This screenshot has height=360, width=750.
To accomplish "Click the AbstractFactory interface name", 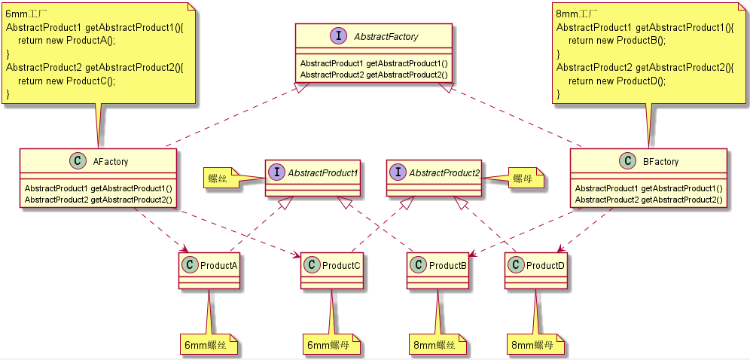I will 386,36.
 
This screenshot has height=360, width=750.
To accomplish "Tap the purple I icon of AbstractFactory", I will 337,36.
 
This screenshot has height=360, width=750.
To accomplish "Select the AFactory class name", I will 110,161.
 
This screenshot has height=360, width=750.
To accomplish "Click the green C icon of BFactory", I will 627,161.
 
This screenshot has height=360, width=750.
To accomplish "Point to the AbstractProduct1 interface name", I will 322,173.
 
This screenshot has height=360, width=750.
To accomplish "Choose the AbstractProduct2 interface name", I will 444,173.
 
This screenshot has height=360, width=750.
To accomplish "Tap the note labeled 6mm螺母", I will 332,345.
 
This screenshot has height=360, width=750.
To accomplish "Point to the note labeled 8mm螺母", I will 535,345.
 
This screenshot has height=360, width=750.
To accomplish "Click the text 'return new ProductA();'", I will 66,41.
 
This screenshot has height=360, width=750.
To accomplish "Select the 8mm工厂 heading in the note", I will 577,14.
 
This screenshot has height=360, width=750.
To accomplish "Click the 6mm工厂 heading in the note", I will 26,14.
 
